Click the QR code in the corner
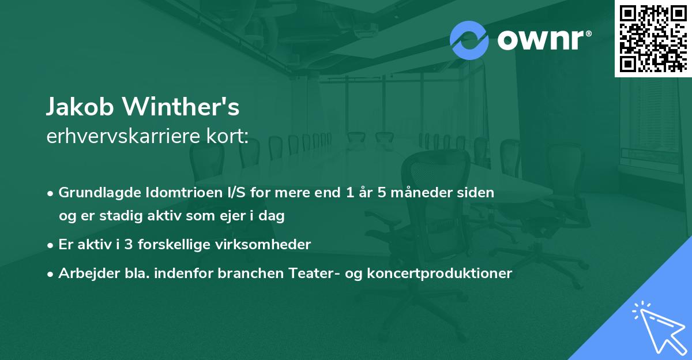point(653,39)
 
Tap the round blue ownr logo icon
point(469,40)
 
